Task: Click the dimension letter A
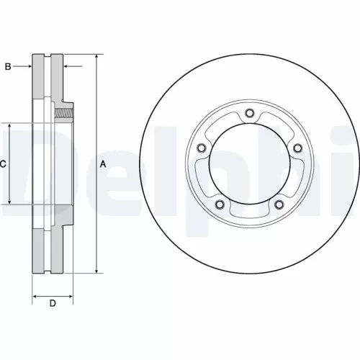click(103, 165)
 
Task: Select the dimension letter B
click(8, 67)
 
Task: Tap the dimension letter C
click(3, 164)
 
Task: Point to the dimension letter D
click(52, 303)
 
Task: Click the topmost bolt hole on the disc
click(249, 112)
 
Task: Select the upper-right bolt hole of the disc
click(297, 147)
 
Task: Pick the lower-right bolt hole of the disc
click(279, 204)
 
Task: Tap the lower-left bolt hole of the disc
click(219, 204)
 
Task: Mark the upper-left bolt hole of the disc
click(201, 148)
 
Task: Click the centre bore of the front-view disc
click(249, 164)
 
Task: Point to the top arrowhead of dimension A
click(97, 57)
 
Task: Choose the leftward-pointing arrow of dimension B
click(67, 67)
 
